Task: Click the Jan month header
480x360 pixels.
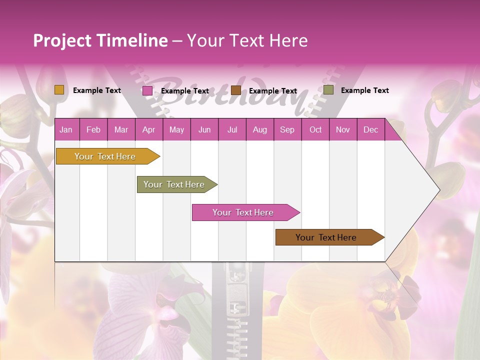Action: (x=66, y=130)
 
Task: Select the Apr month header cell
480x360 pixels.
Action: (x=148, y=130)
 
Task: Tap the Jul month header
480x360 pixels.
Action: (x=232, y=130)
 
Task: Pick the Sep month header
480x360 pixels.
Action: (x=287, y=130)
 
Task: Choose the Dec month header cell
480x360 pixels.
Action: (x=370, y=130)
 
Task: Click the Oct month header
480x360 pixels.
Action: (x=315, y=130)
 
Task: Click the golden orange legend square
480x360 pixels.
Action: (x=59, y=90)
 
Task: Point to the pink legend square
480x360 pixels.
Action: (x=147, y=90)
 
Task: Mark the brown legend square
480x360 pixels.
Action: (x=236, y=90)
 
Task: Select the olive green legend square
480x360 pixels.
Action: (x=328, y=90)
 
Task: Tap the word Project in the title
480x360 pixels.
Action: (x=62, y=40)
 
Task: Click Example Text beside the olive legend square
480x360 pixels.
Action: (x=364, y=90)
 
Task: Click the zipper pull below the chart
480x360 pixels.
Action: (x=234, y=295)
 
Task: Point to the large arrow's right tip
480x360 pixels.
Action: (x=438, y=190)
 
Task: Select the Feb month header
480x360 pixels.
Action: (x=93, y=130)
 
